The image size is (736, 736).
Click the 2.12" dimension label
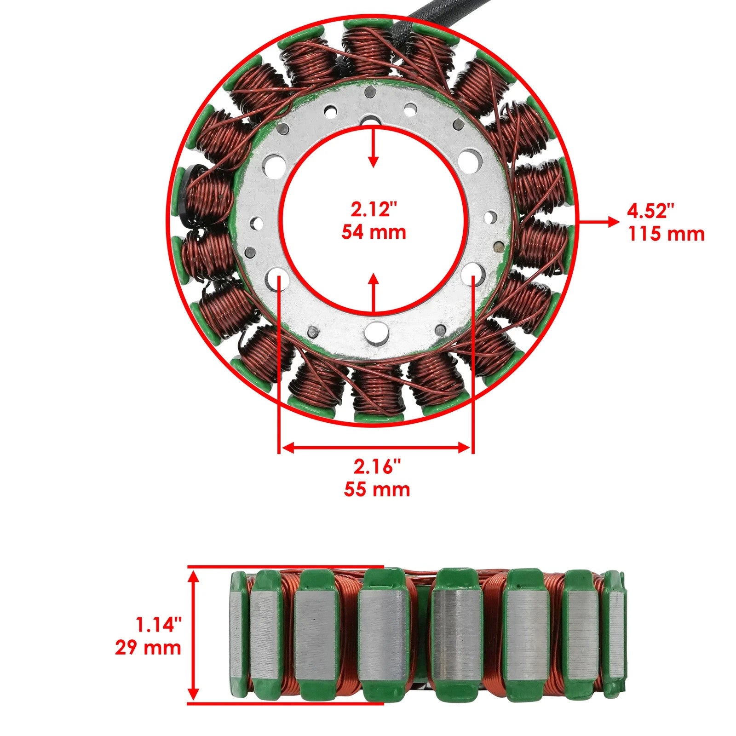(374, 210)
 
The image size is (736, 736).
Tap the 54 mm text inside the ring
(374, 232)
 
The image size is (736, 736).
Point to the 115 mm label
(666, 234)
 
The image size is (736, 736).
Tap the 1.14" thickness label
(158, 625)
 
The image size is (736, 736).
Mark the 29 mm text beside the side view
(148, 648)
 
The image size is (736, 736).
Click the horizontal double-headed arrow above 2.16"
(376, 448)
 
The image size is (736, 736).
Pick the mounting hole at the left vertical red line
(279, 277)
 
